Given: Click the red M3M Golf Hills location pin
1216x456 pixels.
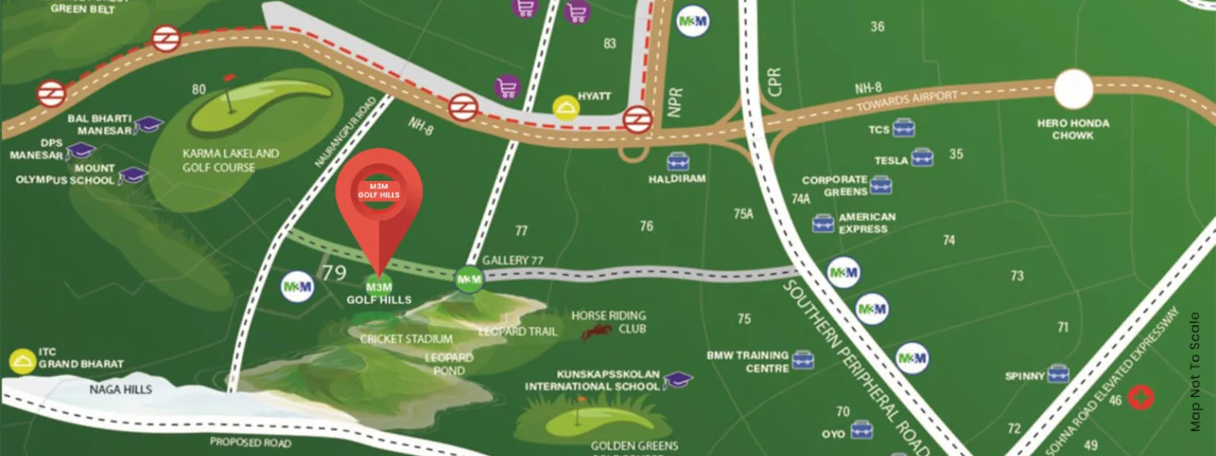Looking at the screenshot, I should point(378,194).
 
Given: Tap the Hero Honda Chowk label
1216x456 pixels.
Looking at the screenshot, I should point(1072,129).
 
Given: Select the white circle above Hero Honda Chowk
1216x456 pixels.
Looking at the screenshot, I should point(1073,90).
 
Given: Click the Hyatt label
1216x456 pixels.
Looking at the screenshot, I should point(594,96).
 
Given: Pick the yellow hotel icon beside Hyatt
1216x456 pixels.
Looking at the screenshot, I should point(565,108).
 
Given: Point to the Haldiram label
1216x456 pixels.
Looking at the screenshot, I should point(676,179).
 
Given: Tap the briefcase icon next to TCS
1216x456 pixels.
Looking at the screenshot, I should point(904,128).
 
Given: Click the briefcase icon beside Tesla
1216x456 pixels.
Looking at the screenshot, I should point(922,157).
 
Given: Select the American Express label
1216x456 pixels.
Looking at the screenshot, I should point(866,223).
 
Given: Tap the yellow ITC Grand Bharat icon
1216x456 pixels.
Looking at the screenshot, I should point(22,362).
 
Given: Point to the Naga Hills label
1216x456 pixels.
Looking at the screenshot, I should point(121,389).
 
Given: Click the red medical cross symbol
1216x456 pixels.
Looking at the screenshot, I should point(1141,397).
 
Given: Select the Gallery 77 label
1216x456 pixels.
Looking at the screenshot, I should point(512,260).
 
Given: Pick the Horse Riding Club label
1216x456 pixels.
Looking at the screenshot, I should point(609,321).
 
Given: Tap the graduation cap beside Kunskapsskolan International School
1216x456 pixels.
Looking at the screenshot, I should point(677,379).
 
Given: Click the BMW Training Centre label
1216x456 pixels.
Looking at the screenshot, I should point(748,362).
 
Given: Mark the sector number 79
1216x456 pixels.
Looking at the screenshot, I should point(334,272).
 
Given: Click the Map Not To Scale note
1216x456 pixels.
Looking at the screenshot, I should point(1195,372).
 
